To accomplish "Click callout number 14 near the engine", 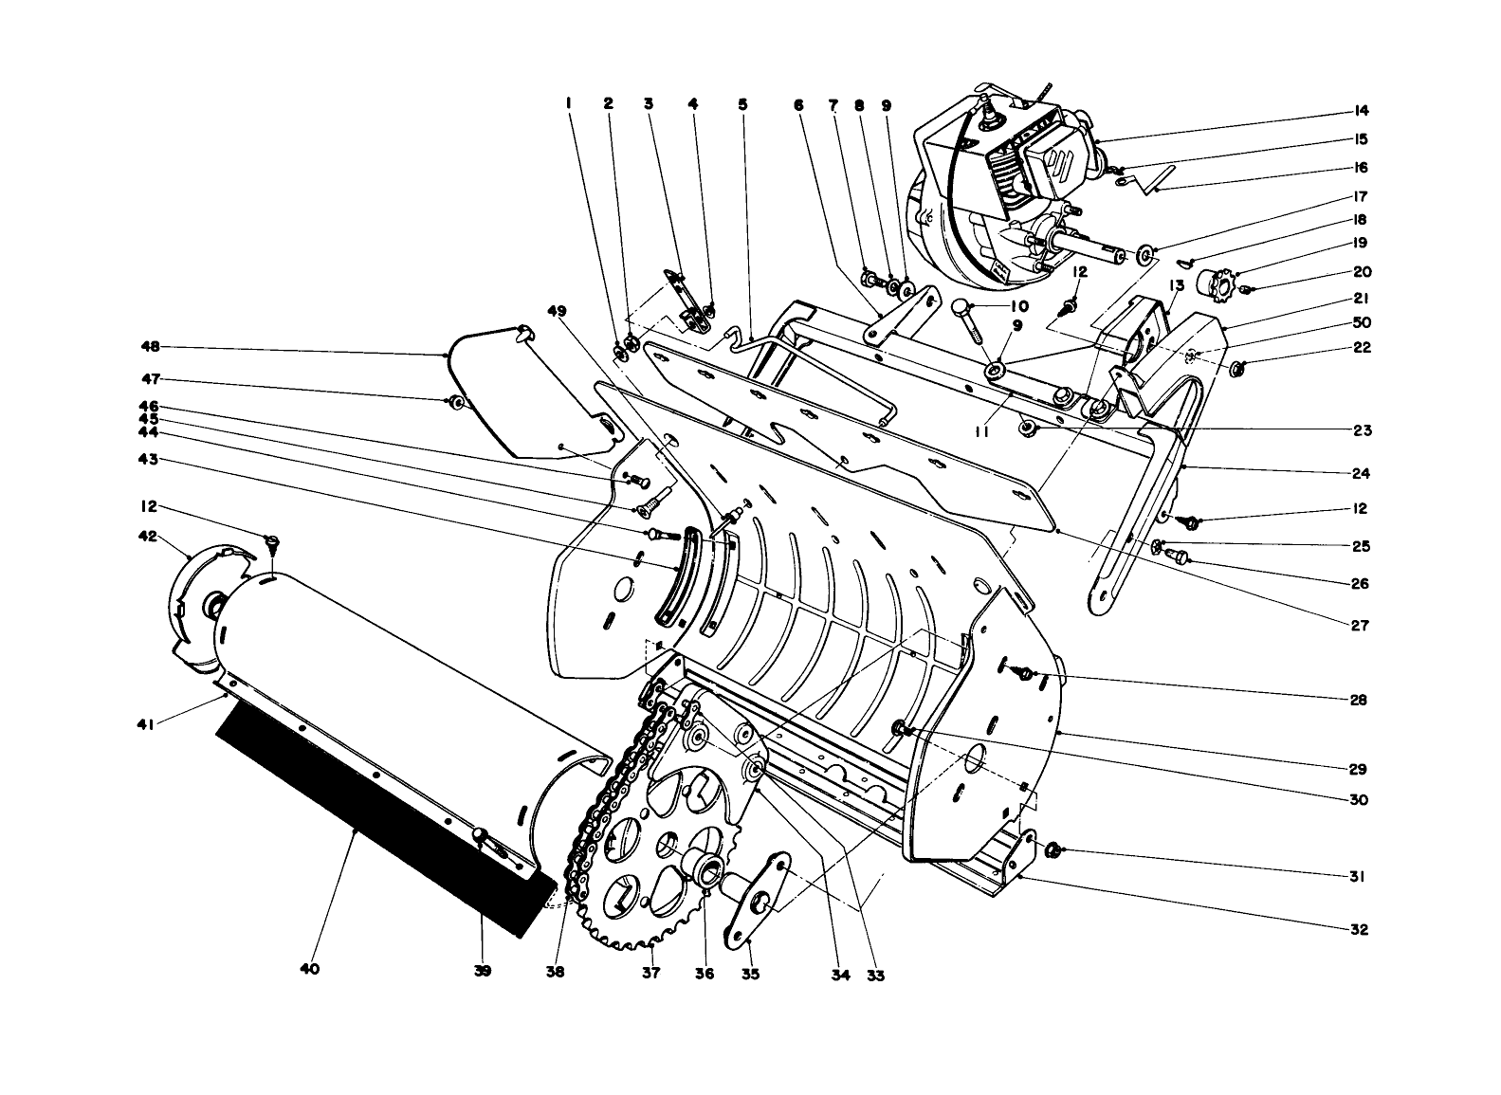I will (1361, 111).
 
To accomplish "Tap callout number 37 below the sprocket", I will (650, 974).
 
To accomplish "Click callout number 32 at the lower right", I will (1360, 929).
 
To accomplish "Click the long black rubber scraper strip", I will (379, 815).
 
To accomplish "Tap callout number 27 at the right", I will (1361, 626).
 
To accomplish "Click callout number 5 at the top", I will (742, 105).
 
